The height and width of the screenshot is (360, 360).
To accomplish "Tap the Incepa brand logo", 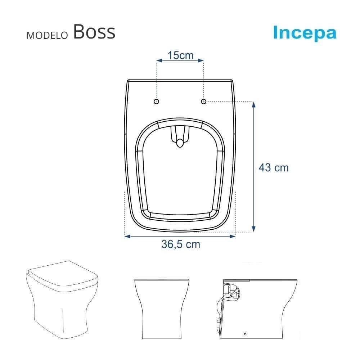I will click(305, 33).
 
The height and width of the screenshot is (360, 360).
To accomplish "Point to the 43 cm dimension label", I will click(274, 167).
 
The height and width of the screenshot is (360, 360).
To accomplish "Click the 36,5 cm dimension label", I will click(180, 244).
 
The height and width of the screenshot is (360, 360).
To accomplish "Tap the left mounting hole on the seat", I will click(156, 102).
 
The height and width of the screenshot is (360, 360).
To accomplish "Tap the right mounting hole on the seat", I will click(203, 102).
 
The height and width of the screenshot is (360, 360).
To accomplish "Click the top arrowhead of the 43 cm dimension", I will click(254, 104).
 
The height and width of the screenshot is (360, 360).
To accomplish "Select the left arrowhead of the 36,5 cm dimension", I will click(127, 236).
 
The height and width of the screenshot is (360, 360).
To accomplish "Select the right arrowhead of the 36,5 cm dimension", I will click(233, 236).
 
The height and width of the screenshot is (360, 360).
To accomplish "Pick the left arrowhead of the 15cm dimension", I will click(158, 61).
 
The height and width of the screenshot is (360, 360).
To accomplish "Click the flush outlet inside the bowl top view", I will click(180, 144).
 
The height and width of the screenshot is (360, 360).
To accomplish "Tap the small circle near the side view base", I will click(245, 334).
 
